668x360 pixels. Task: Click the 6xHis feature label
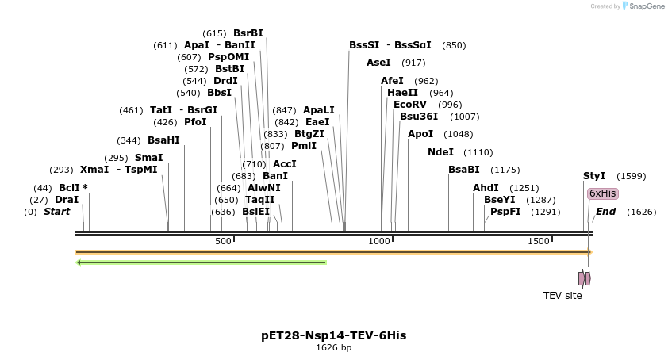(602, 193)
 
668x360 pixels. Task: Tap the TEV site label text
(562, 296)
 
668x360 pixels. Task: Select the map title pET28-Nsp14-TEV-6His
(333, 335)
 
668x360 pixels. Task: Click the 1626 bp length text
(333, 348)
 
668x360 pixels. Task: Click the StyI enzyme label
(594, 176)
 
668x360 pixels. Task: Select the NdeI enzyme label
(440, 152)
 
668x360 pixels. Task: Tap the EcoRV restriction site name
(410, 105)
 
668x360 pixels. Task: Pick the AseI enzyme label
(378, 63)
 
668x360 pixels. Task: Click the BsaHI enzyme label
(163, 140)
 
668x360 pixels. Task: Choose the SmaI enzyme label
(148, 158)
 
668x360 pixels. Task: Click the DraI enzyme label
(67, 200)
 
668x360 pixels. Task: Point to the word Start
(56, 212)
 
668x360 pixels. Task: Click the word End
(605, 212)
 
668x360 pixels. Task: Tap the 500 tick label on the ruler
(222, 241)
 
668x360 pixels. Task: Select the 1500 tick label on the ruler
(539, 241)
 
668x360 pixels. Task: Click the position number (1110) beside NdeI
(478, 152)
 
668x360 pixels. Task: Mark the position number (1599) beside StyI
(631, 176)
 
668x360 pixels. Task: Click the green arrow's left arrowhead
(79, 262)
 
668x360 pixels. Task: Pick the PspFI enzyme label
(505, 212)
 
